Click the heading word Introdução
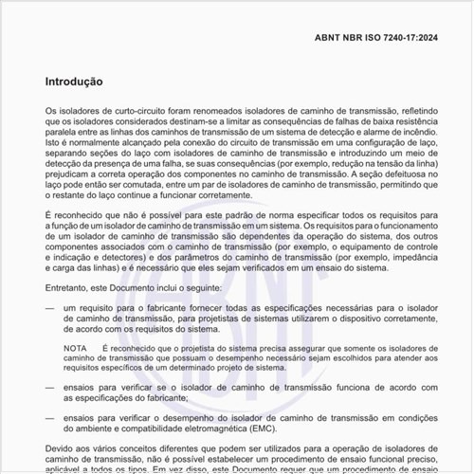(81, 82)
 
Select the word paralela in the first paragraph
(63, 134)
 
